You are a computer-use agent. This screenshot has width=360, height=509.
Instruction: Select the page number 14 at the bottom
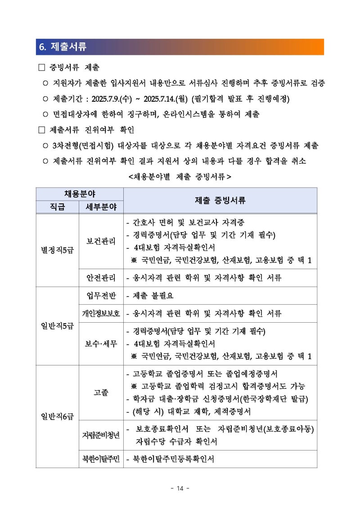pos(180,488)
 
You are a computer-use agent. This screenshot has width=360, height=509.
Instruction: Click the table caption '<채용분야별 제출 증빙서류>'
pos(180,177)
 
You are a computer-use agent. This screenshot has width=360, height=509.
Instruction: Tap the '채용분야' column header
pos(80,194)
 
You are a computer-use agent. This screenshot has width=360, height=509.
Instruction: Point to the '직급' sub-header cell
pos(58,207)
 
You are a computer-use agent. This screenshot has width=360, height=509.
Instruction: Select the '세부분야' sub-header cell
pos(101,207)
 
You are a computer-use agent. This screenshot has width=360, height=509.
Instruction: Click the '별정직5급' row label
pos(58,250)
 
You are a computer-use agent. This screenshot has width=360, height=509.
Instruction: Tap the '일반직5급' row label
pos(58,326)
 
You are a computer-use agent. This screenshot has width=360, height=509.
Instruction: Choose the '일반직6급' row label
pos(58,416)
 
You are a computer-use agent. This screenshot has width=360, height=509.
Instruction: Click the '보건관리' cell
pos(101,241)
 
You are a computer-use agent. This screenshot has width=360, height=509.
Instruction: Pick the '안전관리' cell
pos(101,277)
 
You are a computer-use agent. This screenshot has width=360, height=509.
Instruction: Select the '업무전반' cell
pos(101,296)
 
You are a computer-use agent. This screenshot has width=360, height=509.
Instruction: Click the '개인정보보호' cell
pos(101,313)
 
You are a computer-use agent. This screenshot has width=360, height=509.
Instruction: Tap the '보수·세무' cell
pos(101,344)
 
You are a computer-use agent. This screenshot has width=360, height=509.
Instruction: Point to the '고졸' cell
pos(101,392)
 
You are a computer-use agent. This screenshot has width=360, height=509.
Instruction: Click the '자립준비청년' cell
pos(101,435)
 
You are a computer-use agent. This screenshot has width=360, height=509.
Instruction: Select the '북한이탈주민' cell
pos(101,459)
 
